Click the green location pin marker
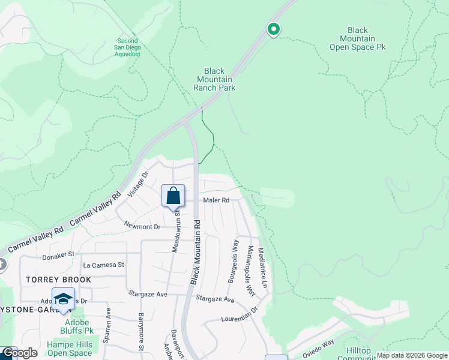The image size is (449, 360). point(273,29)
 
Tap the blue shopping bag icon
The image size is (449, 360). point(173,196)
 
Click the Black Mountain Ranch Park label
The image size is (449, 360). point(214,79)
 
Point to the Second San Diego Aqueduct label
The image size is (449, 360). point(127,48)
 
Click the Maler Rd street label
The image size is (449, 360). point(216,200)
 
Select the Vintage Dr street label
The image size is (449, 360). point(145,182)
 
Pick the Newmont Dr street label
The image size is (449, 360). point(142,226)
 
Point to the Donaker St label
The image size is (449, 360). point(58,256)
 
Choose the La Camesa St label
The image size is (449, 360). point(103,265)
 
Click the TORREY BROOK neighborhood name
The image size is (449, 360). point(58,280)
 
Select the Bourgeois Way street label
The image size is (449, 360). point(231,262)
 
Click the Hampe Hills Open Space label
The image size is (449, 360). point(69,349)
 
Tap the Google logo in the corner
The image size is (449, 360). point(19,353)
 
